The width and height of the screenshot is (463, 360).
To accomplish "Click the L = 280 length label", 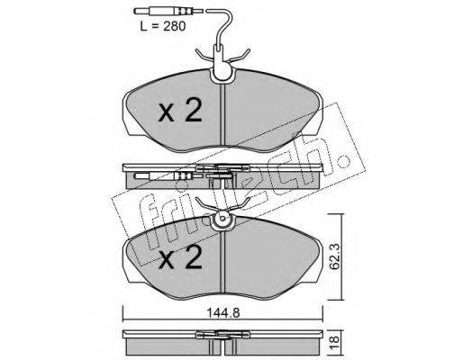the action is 163,26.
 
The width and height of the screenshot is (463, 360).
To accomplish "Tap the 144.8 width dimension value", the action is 222,313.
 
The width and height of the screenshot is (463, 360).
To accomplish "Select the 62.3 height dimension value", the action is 336,256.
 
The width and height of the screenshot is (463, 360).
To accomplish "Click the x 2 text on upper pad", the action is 180,111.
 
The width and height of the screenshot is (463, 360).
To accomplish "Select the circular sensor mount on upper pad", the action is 222,74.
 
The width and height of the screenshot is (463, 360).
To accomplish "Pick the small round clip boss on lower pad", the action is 222,219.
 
